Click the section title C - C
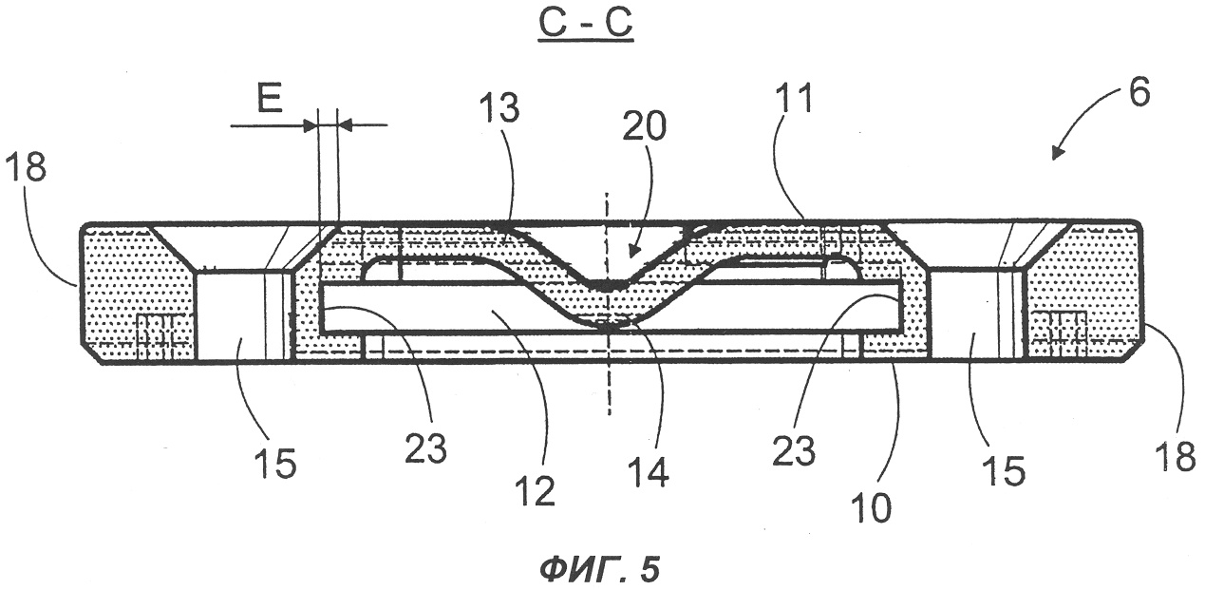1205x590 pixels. (585, 23)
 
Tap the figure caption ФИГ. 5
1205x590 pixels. (599, 569)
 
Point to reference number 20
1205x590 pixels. (645, 126)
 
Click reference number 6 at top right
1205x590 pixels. (1139, 92)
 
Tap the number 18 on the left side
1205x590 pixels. (26, 166)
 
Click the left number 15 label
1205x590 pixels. (276, 463)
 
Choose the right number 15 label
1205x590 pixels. (1005, 471)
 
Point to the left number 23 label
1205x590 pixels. (426, 447)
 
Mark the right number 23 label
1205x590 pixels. (794, 450)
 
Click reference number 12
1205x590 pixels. (536, 490)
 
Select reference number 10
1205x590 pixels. (872, 507)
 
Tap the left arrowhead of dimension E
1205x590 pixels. (310, 126)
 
